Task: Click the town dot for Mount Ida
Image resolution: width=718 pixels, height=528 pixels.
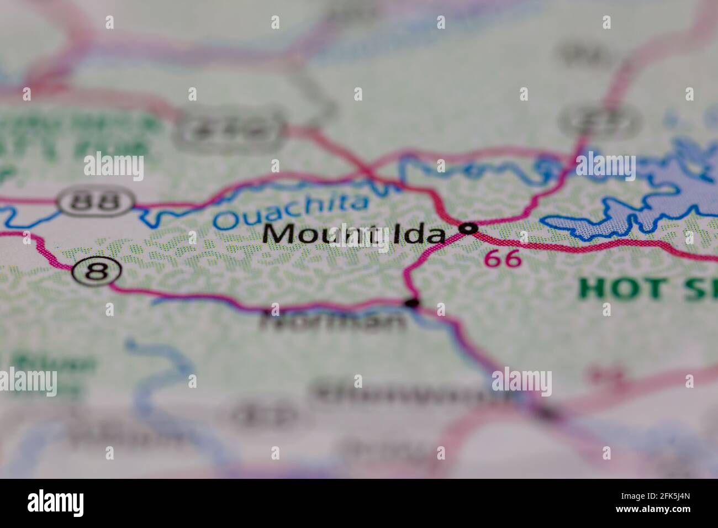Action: pos(469,228)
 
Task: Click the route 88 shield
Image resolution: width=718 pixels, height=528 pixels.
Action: pos(97,202)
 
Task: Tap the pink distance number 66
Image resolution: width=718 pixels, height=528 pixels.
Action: pos(503,258)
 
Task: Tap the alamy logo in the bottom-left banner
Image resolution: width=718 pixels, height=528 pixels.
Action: pos(56,503)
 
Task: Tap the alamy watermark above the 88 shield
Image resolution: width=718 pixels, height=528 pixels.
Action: pos(114,166)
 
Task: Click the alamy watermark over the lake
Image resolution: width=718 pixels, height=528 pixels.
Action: pos(605,165)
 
